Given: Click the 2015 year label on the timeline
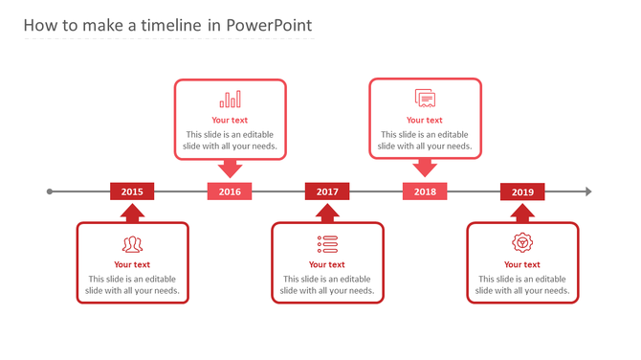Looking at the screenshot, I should click(x=132, y=191).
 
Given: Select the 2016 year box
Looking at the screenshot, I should click(x=230, y=191).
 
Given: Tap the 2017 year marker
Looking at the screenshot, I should click(x=327, y=191).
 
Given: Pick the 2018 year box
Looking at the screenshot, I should click(x=425, y=191).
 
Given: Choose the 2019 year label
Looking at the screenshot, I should click(x=522, y=191).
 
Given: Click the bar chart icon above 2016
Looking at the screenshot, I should click(x=230, y=100).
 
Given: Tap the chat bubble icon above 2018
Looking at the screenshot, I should click(x=425, y=98).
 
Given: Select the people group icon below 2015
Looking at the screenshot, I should click(x=132, y=243).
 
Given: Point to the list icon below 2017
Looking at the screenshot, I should click(x=327, y=243).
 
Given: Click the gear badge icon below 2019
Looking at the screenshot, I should click(x=522, y=242).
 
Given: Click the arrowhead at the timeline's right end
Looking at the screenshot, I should click(x=588, y=191).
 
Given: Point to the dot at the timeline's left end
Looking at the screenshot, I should click(x=50, y=191).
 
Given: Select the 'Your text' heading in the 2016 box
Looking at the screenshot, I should click(x=230, y=121).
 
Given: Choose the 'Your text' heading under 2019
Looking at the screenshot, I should click(x=522, y=265).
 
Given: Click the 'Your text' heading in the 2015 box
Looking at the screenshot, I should click(x=132, y=265).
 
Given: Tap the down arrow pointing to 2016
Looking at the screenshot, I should click(x=230, y=169).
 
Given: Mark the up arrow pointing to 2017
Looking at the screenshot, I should click(x=327, y=212).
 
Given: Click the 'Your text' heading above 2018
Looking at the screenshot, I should click(x=425, y=121).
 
